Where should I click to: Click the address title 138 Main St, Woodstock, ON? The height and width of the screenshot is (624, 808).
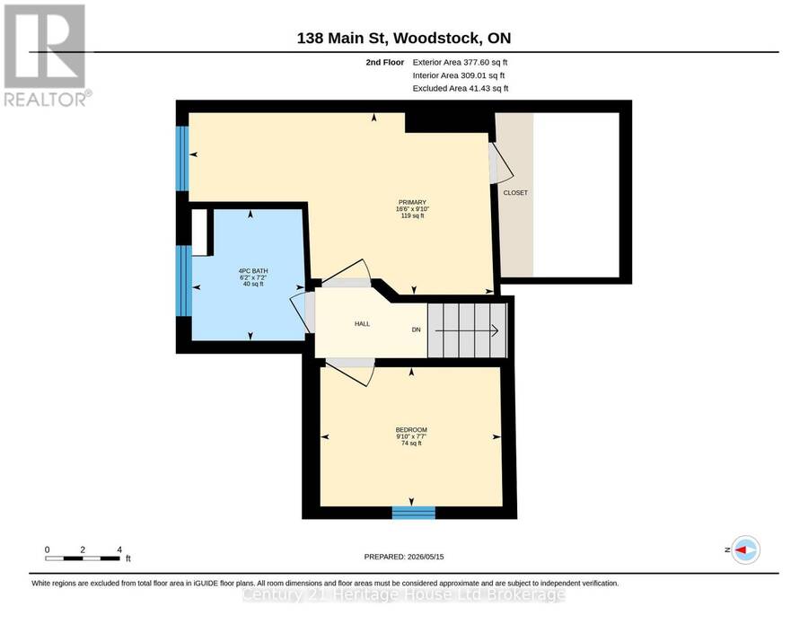tap(404, 38)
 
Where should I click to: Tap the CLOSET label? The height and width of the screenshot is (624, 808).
tap(515, 193)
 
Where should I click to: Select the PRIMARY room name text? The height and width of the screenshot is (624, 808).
tap(412, 203)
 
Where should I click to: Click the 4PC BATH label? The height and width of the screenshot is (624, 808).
tap(253, 271)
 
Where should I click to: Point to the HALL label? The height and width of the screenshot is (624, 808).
tap(363, 324)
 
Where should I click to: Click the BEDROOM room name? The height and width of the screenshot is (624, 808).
tap(411, 430)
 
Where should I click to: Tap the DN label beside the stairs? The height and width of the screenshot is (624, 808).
tap(417, 330)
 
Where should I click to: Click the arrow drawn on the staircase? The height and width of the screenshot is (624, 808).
tap(467, 330)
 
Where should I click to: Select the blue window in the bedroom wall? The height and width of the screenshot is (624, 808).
tap(414, 512)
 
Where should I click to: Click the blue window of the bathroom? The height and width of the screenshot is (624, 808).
tap(184, 281)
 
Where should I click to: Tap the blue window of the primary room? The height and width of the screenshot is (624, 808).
tap(182, 158)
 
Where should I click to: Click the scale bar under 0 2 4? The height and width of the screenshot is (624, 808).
tap(83, 558)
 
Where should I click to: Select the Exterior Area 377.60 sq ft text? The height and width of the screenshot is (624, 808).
tap(461, 62)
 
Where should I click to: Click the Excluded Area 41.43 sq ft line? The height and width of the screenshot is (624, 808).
tap(461, 89)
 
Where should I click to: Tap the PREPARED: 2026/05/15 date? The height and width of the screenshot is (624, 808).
tap(404, 557)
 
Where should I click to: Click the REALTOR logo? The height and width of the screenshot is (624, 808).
tap(47, 55)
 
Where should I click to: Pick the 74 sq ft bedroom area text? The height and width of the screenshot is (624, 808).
tap(411, 444)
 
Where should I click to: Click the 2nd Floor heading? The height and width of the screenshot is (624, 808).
tap(385, 62)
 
